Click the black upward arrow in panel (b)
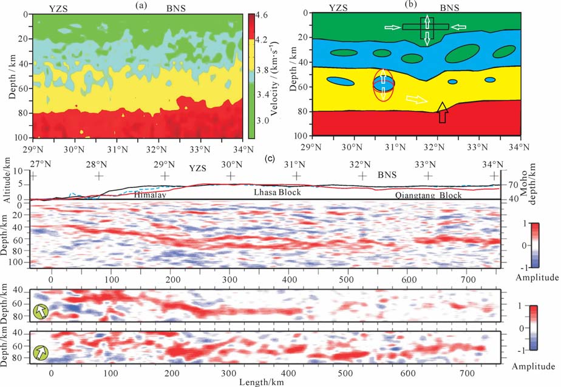point(442,113)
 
